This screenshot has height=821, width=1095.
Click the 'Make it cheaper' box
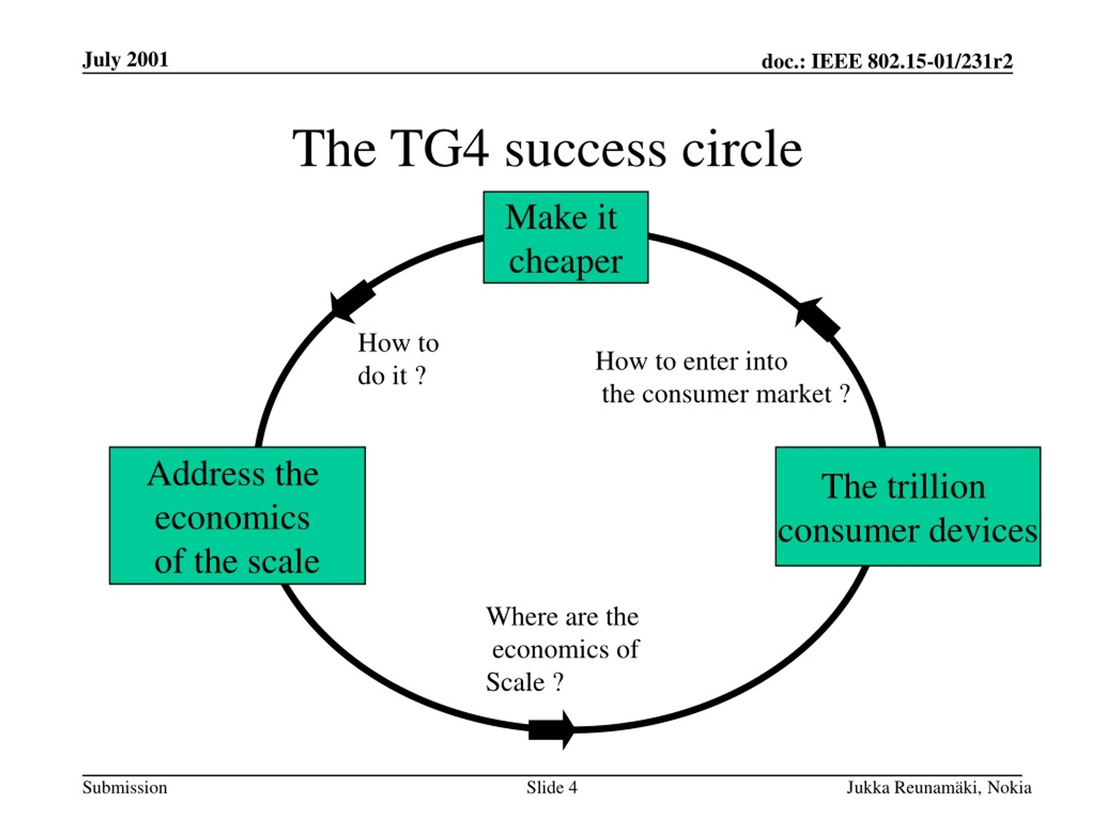[566, 237]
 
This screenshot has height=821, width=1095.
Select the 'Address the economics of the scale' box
[238, 516]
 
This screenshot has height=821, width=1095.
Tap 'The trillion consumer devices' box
[908, 506]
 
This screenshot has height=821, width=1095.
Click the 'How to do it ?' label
[398, 359]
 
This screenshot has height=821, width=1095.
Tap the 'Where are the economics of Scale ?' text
[562, 649]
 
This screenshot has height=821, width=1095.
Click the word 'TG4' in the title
[440, 148]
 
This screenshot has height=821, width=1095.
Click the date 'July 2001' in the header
[125, 60]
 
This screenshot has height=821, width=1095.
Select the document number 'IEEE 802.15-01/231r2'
[912, 62]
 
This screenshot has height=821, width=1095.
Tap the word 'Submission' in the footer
[125, 787]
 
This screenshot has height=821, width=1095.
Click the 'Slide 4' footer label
[552, 787]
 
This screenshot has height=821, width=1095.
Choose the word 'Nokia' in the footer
[1009, 787]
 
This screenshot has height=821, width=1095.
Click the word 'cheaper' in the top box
[565, 261]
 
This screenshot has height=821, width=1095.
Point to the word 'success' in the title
[586, 151]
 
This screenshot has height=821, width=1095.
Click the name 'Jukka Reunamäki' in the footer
[913, 787]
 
